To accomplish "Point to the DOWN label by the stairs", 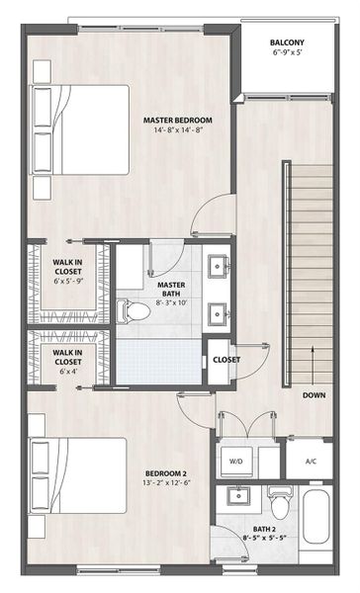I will coord(315,394).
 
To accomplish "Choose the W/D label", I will coord(237,461).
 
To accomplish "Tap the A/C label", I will coord(311,461).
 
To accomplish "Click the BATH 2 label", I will coord(263,530).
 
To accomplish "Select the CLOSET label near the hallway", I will coord(226,360).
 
